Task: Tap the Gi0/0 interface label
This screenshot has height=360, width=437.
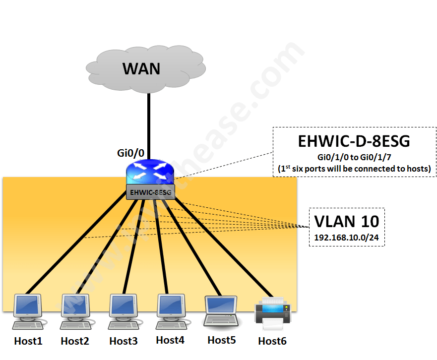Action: tap(132, 153)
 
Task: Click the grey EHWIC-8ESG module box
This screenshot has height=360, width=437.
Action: tap(151, 192)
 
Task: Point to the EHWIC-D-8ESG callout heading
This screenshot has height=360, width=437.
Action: tap(354, 141)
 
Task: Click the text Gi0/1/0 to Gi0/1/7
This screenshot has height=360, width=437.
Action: tap(354, 157)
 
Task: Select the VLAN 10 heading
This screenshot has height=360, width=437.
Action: tap(347, 221)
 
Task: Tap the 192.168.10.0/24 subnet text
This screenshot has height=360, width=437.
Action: tap(347, 238)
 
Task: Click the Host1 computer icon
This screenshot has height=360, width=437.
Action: tap(28, 312)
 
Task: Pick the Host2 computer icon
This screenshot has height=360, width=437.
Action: tap(75, 312)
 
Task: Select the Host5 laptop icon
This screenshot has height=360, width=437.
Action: tap(221, 311)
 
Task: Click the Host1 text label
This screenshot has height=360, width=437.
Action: tap(28, 341)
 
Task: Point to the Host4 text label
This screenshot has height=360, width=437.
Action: tap(170, 340)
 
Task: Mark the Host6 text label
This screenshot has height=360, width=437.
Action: tap(272, 341)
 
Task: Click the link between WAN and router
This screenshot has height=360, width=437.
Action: tap(148, 124)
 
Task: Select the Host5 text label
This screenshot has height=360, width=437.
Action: tap(221, 340)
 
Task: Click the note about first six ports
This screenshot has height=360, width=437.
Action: tap(354, 169)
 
